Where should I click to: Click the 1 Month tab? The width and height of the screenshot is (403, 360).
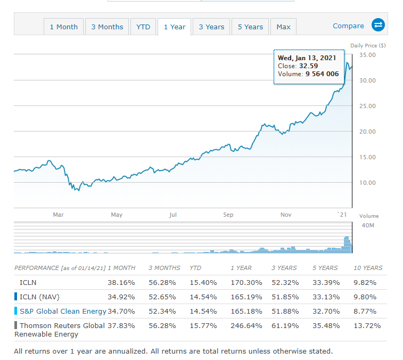click(x=63, y=27)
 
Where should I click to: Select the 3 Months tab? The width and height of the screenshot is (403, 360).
click(x=107, y=27)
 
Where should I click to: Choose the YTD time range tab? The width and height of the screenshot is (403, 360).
click(x=143, y=27)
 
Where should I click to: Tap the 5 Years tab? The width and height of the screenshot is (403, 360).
click(x=250, y=27)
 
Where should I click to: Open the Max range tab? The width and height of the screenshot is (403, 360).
click(x=283, y=27)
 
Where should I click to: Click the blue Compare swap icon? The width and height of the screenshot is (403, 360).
click(x=378, y=25)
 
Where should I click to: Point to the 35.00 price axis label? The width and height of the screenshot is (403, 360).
click(x=367, y=55)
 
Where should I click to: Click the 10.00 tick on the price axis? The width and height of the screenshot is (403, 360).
click(x=367, y=183)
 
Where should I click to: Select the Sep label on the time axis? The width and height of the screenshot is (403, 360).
click(x=228, y=215)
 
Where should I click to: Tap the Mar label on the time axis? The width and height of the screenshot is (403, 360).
click(x=59, y=215)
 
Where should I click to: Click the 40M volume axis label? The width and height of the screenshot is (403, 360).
click(x=368, y=225)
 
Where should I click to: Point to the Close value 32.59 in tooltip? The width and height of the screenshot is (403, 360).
click(x=309, y=66)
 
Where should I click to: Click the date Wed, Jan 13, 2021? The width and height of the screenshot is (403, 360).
click(x=307, y=58)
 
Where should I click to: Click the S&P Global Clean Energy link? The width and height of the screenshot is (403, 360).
click(x=63, y=311)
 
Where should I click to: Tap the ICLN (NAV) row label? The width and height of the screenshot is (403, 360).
click(x=41, y=297)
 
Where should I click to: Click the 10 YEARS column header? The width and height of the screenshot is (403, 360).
click(x=368, y=268)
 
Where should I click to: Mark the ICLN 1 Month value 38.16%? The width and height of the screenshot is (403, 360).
click(x=121, y=282)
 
